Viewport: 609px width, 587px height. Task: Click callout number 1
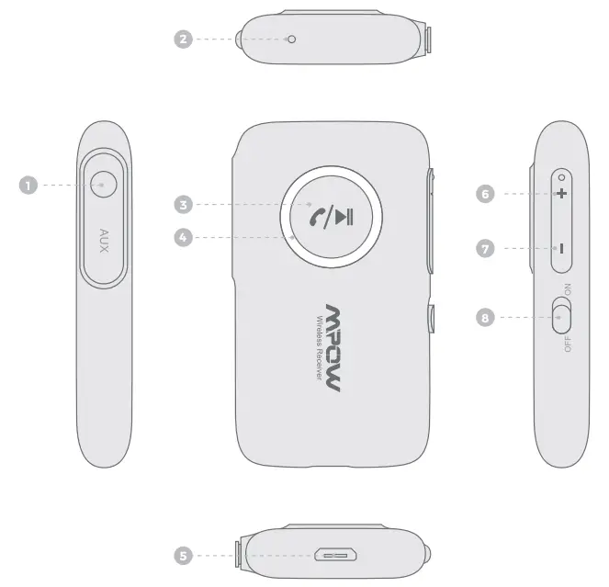click(x=28, y=185)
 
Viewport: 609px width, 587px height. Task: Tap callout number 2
click(x=184, y=40)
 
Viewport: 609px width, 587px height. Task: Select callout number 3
click(x=184, y=203)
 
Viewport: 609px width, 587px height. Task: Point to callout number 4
click(x=184, y=237)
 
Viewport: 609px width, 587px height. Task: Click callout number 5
click(x=184, y=555)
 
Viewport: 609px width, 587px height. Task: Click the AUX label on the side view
click(x=104, y=242)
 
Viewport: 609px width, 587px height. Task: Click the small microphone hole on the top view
click(x=292, y=39)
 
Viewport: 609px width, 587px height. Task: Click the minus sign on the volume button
click(x=559, y=248)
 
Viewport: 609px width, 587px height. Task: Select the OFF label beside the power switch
click(x=568, y=342)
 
